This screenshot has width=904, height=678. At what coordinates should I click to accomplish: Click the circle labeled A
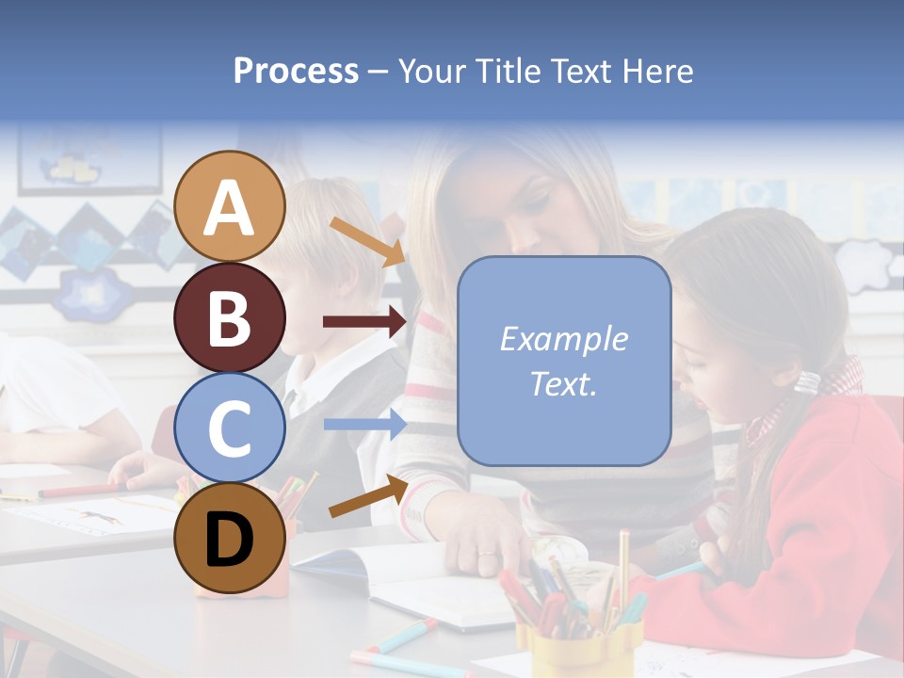coord(229,206)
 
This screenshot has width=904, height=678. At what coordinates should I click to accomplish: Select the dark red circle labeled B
coord(229,317)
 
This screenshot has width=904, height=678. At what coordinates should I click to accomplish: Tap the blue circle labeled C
coord(229,428)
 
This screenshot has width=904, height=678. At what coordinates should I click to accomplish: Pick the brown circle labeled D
coord(229,538)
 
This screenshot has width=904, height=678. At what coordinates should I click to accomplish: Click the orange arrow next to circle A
coord(368,241)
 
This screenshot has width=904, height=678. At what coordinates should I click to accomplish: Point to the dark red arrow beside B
coord(365,322)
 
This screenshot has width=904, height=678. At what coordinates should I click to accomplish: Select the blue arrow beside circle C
coord(365,425)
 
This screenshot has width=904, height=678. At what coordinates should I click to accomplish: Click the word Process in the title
coord(296,71)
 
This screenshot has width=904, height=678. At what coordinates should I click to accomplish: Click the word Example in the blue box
coord(563,339)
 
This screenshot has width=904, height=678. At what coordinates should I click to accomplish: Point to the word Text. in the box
coord(563,383)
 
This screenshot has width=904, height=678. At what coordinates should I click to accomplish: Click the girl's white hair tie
coord(807,380)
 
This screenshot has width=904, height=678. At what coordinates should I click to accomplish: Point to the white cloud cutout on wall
coord(864,265)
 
